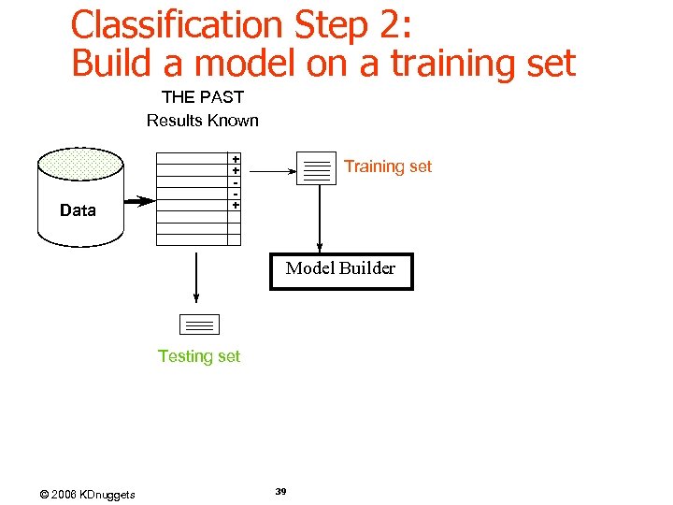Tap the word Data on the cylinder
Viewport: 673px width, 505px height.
tap(78, 210)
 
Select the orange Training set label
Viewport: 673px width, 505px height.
tap(388, 166)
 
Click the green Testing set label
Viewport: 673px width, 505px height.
tap(199, 356)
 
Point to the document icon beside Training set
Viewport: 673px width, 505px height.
tap(316, 168)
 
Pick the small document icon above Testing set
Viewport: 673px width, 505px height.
tap(198, 325)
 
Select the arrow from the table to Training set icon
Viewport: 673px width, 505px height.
tap(271, 171)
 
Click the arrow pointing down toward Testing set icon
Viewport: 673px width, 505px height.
tap(196, 276)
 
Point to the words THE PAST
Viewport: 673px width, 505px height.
tap(203, 97)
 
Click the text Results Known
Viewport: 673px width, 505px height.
tap(203, 120)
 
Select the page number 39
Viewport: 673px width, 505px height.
tap(281, 492)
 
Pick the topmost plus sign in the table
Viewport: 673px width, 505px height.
tap(236, 160)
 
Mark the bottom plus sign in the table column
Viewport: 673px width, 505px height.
tap(236, 205)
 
